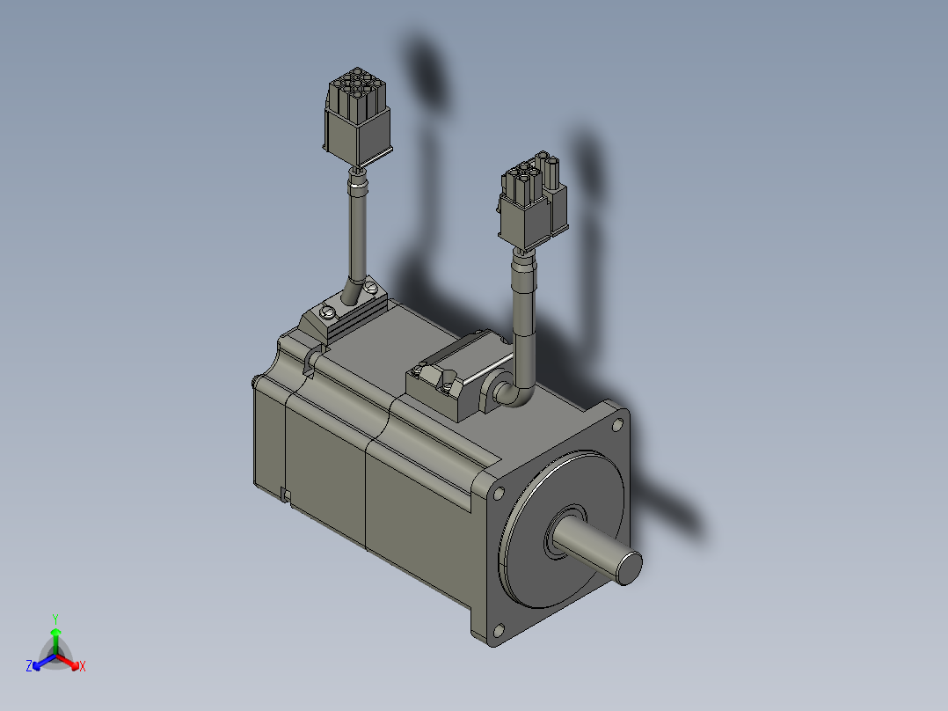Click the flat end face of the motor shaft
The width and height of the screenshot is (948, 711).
629,568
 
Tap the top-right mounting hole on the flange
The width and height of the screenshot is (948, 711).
617,425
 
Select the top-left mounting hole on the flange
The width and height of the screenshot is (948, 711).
499,494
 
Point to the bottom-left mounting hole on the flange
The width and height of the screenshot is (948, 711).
498,631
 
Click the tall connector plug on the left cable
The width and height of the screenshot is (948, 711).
358,117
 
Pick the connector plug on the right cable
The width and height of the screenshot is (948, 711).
533,201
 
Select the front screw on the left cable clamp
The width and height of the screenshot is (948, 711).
327,312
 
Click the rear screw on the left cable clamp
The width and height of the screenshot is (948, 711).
370,287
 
